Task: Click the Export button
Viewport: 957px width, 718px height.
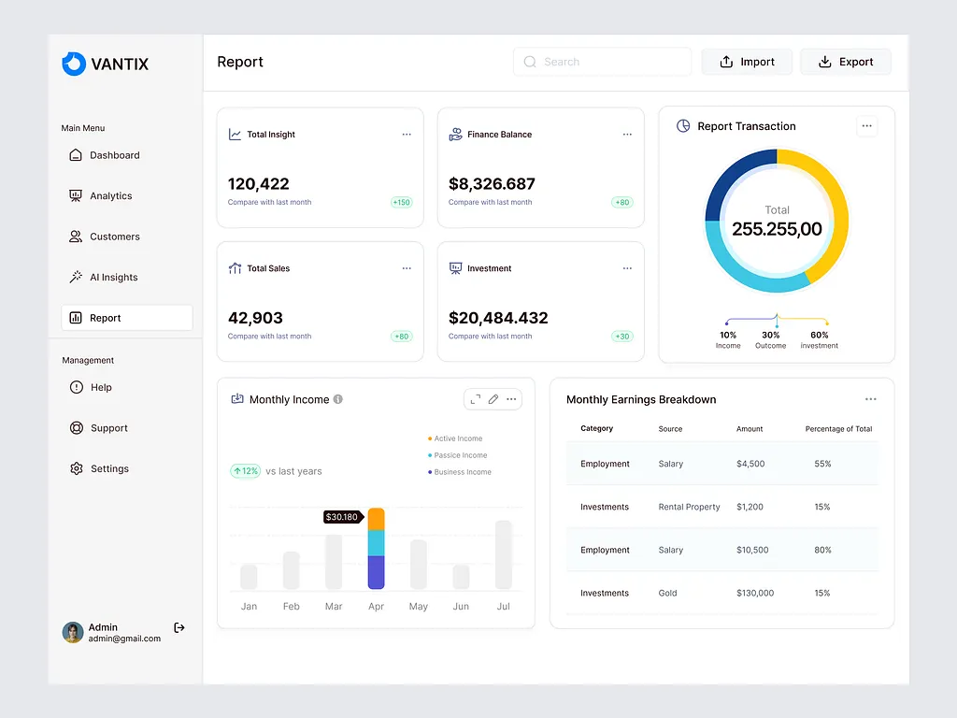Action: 845,62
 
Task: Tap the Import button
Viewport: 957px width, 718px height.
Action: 747,62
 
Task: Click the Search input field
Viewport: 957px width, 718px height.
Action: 602,62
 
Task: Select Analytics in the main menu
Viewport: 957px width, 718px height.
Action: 110,196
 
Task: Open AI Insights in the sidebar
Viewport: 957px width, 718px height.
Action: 113,278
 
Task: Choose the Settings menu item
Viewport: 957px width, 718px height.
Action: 108,469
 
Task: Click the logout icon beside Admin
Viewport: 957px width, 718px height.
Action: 179,628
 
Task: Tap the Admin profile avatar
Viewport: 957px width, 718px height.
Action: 73,633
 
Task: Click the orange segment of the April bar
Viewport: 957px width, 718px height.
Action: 377,519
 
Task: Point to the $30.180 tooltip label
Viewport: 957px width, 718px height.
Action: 341,517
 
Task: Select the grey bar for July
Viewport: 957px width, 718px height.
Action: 504,554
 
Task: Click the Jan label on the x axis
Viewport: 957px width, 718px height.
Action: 249,607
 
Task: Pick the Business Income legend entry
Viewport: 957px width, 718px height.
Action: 462,472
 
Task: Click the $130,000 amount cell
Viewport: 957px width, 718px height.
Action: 755,594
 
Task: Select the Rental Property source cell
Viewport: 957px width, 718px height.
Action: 689,508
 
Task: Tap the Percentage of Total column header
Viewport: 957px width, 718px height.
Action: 838,429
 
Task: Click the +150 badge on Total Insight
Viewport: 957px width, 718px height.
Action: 402,202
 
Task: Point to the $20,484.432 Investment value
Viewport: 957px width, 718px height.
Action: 498,318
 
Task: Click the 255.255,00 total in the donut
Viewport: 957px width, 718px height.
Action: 777,229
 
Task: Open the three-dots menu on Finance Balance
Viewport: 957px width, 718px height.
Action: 627,135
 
